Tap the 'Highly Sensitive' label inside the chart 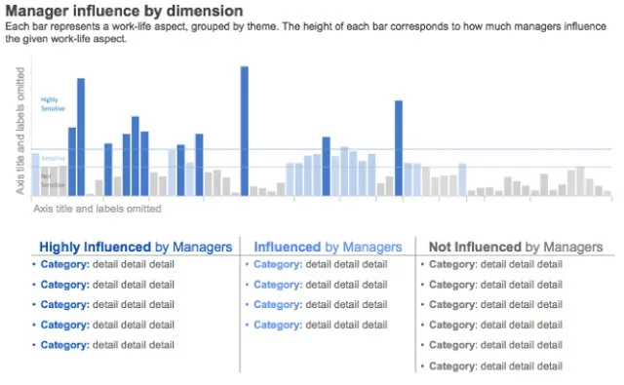click(50, 104)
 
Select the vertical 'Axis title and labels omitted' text click(19, 130)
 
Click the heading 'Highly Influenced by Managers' click(135, 248)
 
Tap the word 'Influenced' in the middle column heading click(287, 248)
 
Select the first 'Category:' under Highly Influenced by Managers click(64, 264)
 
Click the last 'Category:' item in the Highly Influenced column click(64, 345)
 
